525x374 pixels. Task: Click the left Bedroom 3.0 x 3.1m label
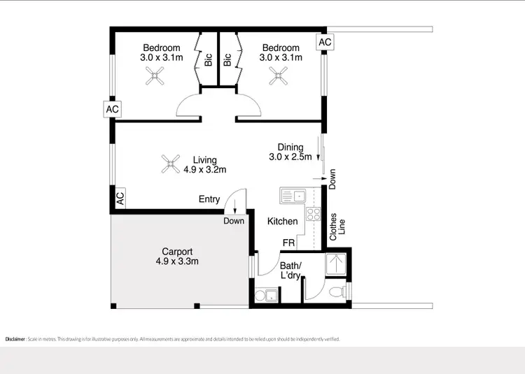(162, 52)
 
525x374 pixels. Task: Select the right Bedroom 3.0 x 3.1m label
(281, 52)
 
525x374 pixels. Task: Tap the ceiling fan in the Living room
(169, 164)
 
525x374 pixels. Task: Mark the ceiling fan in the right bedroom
(278, 75)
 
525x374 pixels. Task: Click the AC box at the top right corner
(325, 42)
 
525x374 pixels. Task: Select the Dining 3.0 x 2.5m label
(290, 152)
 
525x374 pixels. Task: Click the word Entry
(209, 199)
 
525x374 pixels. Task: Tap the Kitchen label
(283, 221)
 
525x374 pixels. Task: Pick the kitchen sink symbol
(292, 195)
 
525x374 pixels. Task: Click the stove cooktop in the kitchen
(313, 215)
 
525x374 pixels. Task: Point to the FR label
(288, 243)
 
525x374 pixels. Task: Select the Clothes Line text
(338, 226)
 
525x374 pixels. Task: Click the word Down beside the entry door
(234, 221)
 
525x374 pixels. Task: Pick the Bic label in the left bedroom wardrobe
(209, 60)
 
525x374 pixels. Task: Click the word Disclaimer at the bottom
(15, 339)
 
